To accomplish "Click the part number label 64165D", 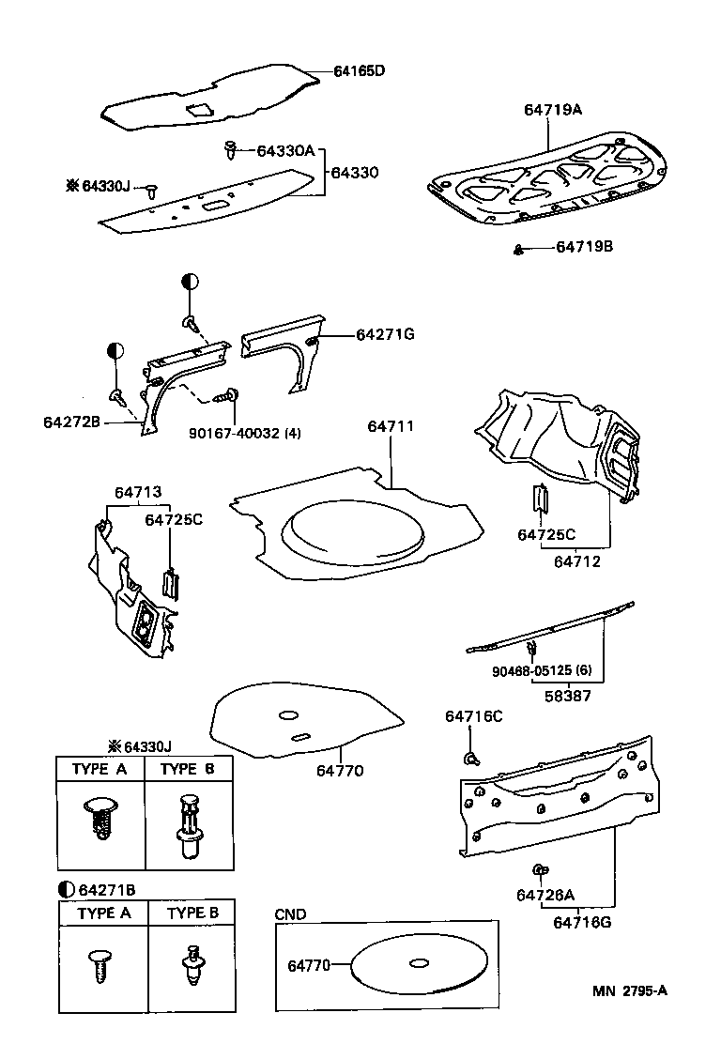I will click(360, 70).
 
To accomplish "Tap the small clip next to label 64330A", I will click(229, 148).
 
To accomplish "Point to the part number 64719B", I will click(584, 247).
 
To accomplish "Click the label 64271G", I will click(385, 334).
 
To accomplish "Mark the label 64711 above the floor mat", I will click(390, 426).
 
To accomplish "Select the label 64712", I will click(577, 561).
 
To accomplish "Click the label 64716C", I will click(473, 716).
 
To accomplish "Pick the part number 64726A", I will click(545, 895).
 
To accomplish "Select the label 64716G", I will click(582, 922).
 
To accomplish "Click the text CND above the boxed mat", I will click(290, 914).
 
